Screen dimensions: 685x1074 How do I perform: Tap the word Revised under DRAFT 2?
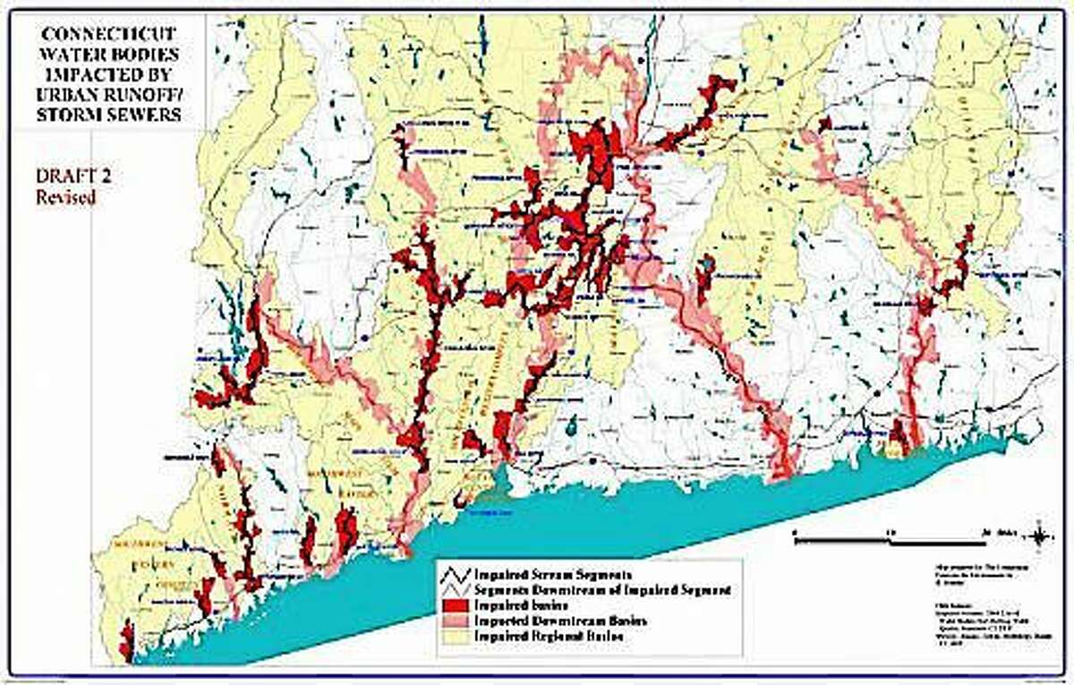point(65,198)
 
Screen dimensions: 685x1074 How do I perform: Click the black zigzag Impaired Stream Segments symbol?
point(456,574)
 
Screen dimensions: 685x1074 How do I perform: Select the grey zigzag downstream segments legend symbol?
point(456,590)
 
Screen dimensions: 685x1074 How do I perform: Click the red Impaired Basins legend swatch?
point(456,605)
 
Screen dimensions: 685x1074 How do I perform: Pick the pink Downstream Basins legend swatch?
point(456,620)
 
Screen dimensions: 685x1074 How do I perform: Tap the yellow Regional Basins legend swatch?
point(456,635)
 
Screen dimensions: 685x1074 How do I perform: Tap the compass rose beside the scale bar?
point(1039,536)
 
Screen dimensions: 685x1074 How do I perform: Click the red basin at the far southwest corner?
point(126,641)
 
